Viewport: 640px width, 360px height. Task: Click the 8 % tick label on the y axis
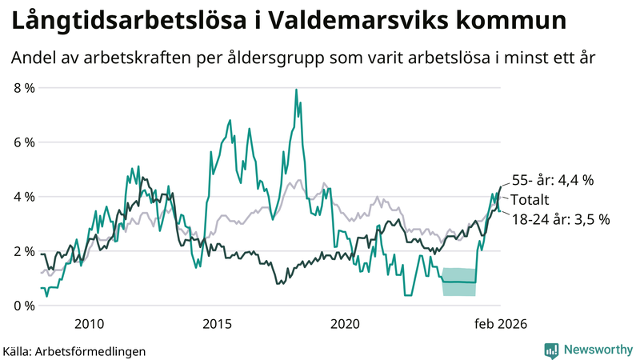click(x=24, y=88)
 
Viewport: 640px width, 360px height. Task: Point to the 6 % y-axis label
click(x=24, y=142)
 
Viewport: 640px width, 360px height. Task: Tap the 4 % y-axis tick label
click(x=24, y=197)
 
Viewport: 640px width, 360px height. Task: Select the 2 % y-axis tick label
click(x=24, y=251)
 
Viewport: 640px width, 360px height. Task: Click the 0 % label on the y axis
click(x=24, y=306)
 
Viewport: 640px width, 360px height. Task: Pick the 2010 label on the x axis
click(x=89, y=324)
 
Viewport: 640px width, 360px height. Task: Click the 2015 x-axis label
click(x=217, y=324)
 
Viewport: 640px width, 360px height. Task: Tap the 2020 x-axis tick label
click(x=345, y=324)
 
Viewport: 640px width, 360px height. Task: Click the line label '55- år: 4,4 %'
click(x=553, y=181)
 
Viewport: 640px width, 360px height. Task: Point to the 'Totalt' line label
click(x=531, y=200)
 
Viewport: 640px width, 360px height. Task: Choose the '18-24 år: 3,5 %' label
click(x=560, y=219)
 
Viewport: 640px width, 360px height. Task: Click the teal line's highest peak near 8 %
click(x=296, y=90)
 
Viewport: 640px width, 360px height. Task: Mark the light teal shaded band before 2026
click(x=459, y=282)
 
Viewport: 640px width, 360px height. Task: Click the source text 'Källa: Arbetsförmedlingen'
click(x=74, y=351)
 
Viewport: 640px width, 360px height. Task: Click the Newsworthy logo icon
click(x=551, y=350)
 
